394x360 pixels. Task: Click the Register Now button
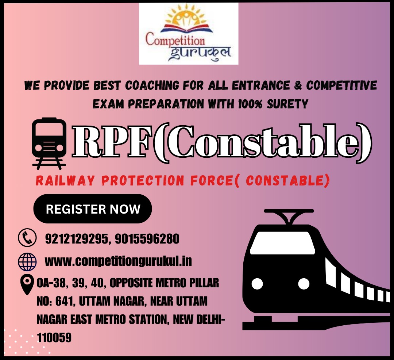(92, 208)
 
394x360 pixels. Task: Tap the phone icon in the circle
(27, 237)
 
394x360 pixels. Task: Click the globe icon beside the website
(27, 262)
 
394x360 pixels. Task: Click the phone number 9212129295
(76, 238)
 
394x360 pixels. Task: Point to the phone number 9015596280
(147, 238)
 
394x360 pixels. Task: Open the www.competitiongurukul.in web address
(118, 261)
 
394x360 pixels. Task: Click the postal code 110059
(54, 337)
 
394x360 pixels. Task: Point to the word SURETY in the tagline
(287, 104)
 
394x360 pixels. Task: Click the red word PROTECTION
(143, 180)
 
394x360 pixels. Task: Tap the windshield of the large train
(282, 243)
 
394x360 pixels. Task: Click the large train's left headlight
(257, 284)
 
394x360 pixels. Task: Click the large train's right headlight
(304, 284)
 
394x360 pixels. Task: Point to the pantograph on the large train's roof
(289, 216)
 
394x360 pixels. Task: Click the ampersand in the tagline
(298, 85)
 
